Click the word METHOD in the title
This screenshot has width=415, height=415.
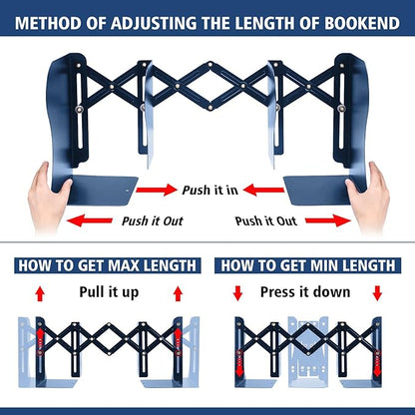pyautogui.click(x=49, y=20)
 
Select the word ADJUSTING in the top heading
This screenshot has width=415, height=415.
pyautogui.click(x=155, y=20)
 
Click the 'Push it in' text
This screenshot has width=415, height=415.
pyautogui.click(x=209, y=189)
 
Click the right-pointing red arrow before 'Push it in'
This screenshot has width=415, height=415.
pyautogui.click(x=156, y=189)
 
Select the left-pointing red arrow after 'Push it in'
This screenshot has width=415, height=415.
pyautogui.click(x=261, y=189)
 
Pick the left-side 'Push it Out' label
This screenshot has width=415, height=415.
pyautogui.click(x=152, y=220)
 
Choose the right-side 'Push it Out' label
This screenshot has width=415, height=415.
pyautogui.click(x=266, y=220)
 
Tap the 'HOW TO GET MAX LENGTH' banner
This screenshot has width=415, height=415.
pyautogui.click(x=104, y=265)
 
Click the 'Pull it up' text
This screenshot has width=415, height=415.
pyautogui.click(x=109, y=292)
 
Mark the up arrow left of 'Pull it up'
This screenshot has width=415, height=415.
pyautogui.click(x=40, y=293)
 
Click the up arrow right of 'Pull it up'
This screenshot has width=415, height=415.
pyautogui.click(x=178, y=293)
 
